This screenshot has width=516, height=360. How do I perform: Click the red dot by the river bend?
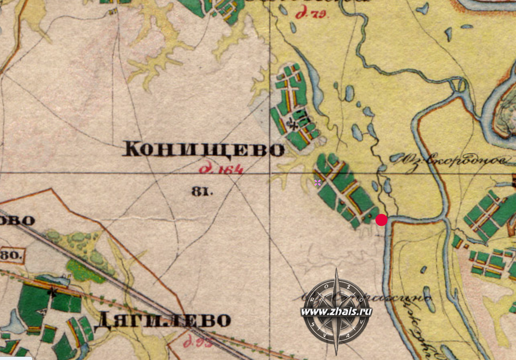381,220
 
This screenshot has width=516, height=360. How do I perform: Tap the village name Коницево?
203,150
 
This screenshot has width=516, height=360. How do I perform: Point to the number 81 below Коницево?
203,191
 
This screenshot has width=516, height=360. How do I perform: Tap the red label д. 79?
312,13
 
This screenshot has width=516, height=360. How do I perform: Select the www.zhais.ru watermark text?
336,312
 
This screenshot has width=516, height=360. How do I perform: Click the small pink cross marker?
317,183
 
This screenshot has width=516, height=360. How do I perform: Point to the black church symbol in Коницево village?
293,125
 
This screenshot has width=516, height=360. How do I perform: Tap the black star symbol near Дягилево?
53,293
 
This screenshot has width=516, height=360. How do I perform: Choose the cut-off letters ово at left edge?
17,221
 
